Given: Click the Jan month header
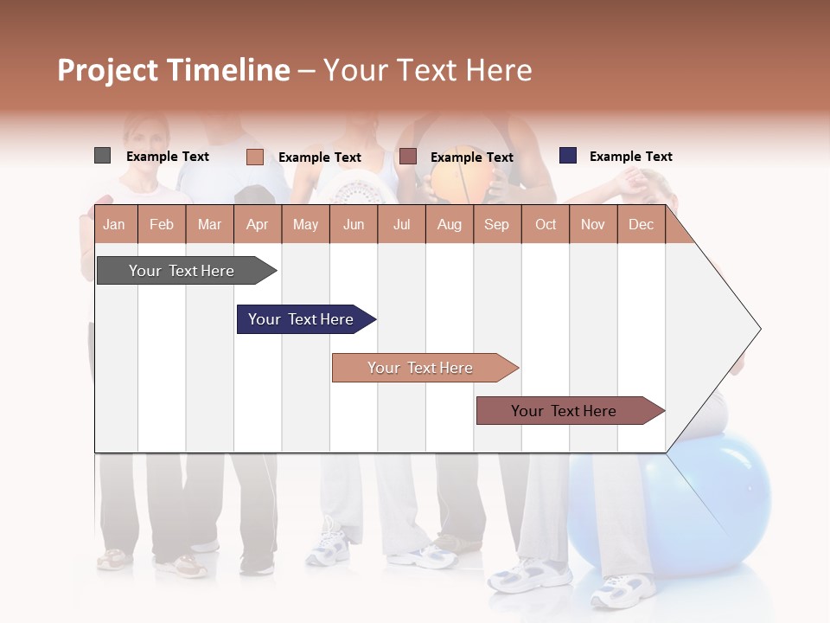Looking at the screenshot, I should click(x=114, y=224).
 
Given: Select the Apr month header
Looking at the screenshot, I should click(x=257, y=224).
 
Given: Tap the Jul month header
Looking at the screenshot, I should click(x=401, y=224).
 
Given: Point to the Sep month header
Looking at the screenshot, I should click(x=496, y=224).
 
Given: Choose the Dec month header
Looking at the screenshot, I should click(x=641, y=224).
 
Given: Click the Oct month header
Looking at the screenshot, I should click(x=546, y=224).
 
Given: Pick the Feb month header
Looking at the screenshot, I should click(x=162, y=224).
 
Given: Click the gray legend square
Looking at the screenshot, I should click(x=102, y=156).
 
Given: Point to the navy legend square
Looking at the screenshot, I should click(x=568, y=156).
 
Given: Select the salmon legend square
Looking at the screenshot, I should click(x=254, y=157).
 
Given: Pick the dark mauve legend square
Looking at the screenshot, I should click(x=408, y=157).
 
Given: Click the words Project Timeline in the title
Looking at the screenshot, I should click(x=174, y=70).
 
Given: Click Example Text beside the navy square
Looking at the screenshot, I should click(x=630, y=157).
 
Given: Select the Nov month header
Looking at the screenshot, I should click(x=593, y=224).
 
